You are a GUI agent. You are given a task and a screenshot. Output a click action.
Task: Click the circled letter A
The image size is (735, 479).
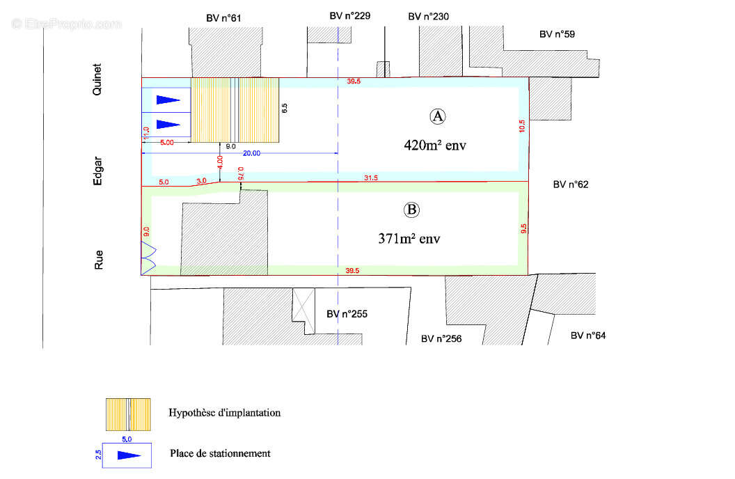[437, 116]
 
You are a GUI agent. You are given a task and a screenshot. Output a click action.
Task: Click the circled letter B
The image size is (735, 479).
[411, 210]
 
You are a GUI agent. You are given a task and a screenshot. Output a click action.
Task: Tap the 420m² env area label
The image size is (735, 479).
[435, 146]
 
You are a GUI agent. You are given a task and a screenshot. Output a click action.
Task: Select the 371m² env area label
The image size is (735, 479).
[409, 239]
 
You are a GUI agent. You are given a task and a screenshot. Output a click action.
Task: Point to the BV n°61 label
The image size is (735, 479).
[223, 18]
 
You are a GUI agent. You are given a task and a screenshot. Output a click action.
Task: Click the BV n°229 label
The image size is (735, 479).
[349, 16]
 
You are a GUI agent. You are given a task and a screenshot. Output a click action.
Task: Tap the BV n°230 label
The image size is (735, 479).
[429, 17]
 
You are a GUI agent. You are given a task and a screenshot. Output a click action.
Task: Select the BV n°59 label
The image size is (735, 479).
[557, 34]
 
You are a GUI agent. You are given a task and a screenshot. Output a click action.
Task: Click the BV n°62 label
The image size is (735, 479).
[571, 184]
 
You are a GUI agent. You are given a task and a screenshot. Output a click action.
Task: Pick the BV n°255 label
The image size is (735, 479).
[347, 314]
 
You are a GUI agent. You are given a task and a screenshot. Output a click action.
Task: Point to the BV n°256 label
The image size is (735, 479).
[441, 338]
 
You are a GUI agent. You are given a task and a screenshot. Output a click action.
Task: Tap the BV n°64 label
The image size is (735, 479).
[588, 336]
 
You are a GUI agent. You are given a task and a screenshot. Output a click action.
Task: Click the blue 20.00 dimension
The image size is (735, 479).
[251, 153]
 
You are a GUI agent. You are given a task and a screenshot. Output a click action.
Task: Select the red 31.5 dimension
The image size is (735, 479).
[371, 178]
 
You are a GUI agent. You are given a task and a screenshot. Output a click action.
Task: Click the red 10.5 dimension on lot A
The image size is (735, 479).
[522, 126]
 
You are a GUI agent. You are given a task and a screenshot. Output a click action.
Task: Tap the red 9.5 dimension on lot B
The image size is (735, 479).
[523, 228]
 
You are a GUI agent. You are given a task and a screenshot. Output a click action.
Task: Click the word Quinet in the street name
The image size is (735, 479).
[97, 79]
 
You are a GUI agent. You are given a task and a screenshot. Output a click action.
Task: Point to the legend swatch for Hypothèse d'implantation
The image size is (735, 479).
[128, 414]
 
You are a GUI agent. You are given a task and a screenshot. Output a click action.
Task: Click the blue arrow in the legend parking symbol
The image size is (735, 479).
[129, 455]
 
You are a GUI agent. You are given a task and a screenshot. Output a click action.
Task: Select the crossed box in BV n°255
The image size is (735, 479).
[303, 305]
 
